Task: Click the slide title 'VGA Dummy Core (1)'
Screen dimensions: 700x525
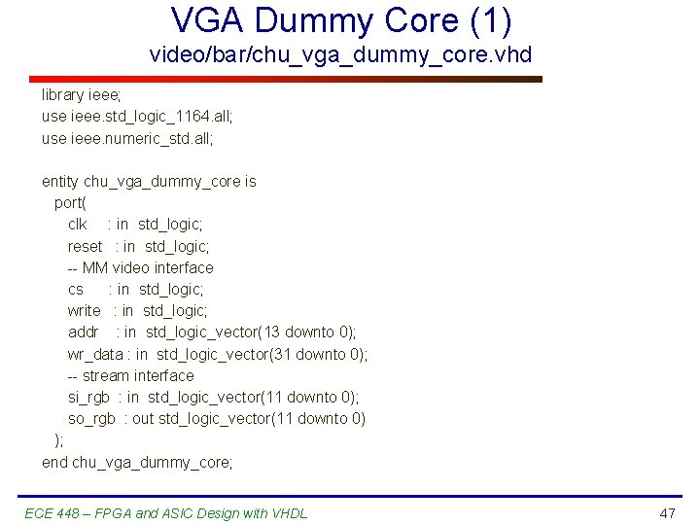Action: [341, 19]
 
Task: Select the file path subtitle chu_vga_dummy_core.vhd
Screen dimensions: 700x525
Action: [341, 54]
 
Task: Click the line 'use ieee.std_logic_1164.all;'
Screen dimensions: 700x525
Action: [137, 117]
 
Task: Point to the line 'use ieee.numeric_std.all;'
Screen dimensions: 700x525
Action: [126, 138]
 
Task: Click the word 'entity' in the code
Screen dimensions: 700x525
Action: [60, 182]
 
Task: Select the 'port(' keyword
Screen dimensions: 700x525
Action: [70, 203]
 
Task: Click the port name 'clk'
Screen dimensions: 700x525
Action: [78, 225]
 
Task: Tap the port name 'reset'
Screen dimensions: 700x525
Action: [85, 246]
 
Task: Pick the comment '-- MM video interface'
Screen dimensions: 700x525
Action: [140, 267]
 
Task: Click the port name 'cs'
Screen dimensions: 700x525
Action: [76, 289]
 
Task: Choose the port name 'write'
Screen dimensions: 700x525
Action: [84, 310]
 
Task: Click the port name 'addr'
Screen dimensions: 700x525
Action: [83, 332]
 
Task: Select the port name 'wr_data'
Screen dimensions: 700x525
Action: [95, 354]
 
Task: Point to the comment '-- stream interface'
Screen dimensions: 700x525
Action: [130, 375]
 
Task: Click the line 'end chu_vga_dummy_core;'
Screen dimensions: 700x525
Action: [137, 462]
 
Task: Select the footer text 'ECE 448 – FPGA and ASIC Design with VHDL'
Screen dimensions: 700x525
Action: [166, 513]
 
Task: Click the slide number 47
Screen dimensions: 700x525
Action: [666, 512]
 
